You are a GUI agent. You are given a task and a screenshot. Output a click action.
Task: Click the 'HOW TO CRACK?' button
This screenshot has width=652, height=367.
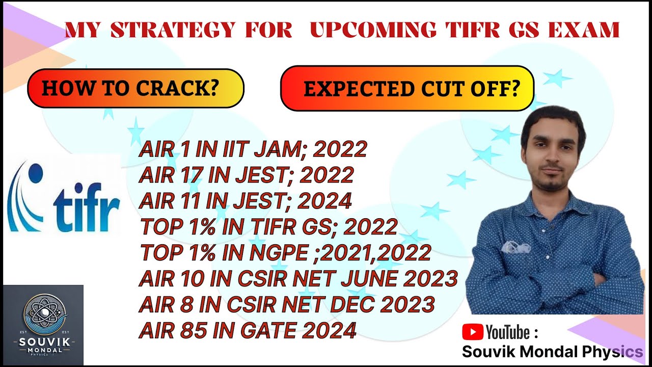coord(135,88)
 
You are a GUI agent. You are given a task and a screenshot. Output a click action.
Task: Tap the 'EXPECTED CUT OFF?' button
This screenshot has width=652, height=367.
coord(407,89)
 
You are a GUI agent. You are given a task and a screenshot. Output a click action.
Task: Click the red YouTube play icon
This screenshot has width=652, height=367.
coord(472,332)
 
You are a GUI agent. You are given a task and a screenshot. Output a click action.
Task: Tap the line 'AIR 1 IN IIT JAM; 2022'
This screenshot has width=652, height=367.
coord(253,149)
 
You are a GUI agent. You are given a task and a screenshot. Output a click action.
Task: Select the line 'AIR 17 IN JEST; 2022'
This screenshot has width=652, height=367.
coord(246,175)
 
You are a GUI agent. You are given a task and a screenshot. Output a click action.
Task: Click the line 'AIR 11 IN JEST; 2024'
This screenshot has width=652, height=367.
coord(245,201)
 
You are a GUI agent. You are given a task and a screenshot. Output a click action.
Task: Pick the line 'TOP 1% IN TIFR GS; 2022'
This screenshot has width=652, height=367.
coord(268,226)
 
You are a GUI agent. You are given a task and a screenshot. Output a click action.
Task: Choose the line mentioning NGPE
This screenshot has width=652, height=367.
coord(285,252)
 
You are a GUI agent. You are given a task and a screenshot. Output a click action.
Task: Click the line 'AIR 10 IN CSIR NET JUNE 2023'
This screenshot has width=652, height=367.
coord(298,279)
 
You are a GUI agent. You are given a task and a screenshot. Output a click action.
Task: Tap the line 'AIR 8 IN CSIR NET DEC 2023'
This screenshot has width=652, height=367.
coord(287,305)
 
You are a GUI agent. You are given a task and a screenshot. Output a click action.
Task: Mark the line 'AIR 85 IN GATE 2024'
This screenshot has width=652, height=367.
coord(247,331)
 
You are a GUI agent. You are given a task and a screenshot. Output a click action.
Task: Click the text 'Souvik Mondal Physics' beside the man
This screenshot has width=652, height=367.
coord(552,352)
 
